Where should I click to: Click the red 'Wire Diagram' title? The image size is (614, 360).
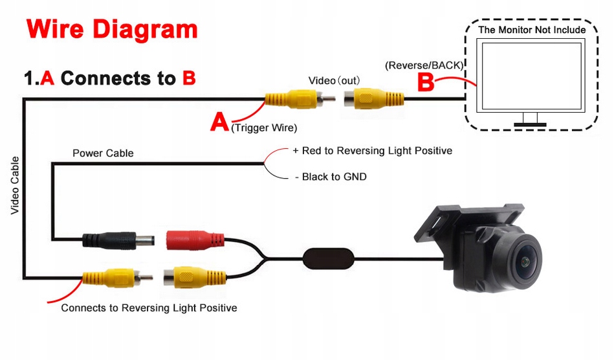click(112, 29)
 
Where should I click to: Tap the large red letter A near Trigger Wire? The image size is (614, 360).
click(219, 122)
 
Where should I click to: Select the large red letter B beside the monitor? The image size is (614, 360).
click(426, 82)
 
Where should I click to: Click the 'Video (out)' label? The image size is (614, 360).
click(334, 81)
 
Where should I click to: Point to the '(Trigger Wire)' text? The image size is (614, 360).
click(264, 128)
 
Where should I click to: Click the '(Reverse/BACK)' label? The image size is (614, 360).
click(424, 65)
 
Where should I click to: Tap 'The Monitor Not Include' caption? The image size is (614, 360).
click(532, 30)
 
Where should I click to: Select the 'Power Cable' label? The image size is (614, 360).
click(103, 153)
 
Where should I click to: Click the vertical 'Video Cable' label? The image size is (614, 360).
click(14, 185)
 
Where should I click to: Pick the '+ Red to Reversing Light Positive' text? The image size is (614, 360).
click(373, 151)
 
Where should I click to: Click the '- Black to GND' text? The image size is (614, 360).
click(331, 177)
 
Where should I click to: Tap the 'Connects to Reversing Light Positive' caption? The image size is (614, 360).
click(149, 308)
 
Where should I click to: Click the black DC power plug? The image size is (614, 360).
click(118, 240)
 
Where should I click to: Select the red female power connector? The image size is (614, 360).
click(195, 240)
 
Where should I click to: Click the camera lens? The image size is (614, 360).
click(524, 260)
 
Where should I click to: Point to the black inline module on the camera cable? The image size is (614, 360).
click(329, 258)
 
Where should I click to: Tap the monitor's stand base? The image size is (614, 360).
click(530, 124)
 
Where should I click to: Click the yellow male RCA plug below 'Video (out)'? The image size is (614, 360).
click(300, 98)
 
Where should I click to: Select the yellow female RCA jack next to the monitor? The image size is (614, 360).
click(374, 98)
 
